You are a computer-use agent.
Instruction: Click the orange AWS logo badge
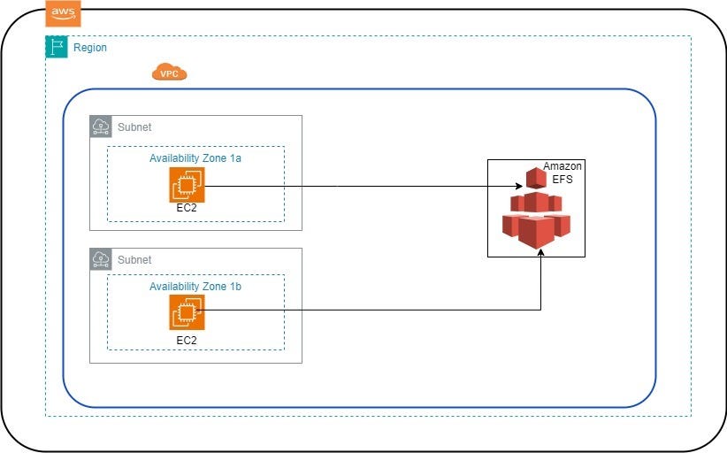tap(63, 12)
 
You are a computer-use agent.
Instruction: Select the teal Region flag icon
tap(57, 48)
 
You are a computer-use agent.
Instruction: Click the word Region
tap(90, 48)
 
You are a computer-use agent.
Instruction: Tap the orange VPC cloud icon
tap(169, 73)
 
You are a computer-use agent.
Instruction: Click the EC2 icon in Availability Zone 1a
tap(187, 185)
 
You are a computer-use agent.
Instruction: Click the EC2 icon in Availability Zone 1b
tap(187, 312)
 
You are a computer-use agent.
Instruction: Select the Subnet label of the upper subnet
tap(134, 127)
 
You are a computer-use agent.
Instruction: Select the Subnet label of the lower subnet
tap(134, 260)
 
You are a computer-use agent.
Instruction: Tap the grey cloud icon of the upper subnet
tap(101, 127)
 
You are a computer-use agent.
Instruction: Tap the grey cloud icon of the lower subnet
tap(101, 259)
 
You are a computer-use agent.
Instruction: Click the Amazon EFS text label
tap(562, 173)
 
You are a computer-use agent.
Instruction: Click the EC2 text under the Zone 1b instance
tap(187, 339)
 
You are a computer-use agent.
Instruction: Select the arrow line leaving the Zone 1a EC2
tap(354, 186)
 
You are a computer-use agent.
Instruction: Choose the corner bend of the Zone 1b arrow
tap(541, 311)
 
